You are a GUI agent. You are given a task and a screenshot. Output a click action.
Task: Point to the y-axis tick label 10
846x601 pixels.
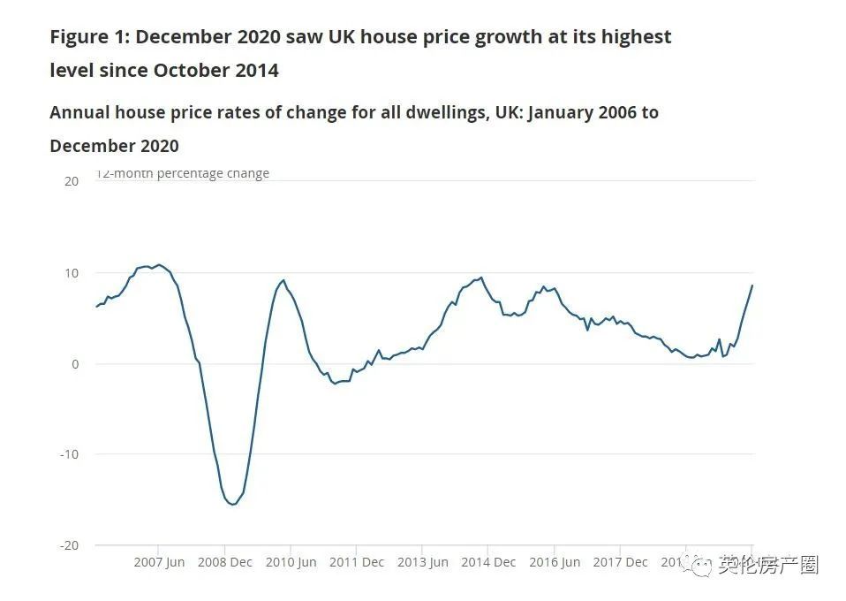tap(72, 273)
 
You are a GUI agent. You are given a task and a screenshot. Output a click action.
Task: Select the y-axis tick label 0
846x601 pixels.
tap(75, 364)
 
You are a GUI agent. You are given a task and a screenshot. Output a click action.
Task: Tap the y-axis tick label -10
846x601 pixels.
tap(70, 454)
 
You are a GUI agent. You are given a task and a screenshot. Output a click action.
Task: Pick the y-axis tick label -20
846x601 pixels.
tap(70, 545)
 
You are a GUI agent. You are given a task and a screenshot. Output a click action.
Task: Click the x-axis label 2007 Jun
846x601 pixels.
tap(159, 562)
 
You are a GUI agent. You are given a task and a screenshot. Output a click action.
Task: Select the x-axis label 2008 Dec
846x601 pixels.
tap(225, 562)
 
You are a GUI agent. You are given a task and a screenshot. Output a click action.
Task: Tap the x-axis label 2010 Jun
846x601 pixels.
tap(291, 562)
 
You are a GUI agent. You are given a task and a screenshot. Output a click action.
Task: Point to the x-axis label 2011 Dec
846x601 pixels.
tap(357, 562)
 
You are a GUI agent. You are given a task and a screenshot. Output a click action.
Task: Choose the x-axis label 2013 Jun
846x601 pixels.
tap(422, 562)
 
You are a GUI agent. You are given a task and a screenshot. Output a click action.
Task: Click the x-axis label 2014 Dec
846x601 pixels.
tap(488, 562)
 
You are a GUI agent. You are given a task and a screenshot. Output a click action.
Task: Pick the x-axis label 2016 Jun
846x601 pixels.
tap(554, 562)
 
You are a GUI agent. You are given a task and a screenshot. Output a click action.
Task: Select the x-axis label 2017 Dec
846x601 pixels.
tap(620, 562)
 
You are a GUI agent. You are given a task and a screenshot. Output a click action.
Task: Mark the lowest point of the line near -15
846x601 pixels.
tap(232, 505)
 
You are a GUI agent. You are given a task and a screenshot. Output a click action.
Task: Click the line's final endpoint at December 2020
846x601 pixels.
tap(752, 285)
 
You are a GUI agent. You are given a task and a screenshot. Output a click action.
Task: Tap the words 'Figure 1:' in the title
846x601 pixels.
tap(89, 37)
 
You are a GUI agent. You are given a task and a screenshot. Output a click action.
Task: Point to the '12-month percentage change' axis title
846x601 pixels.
tap(183, 174)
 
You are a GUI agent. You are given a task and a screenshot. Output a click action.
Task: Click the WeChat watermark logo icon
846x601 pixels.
tap(701, 565)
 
